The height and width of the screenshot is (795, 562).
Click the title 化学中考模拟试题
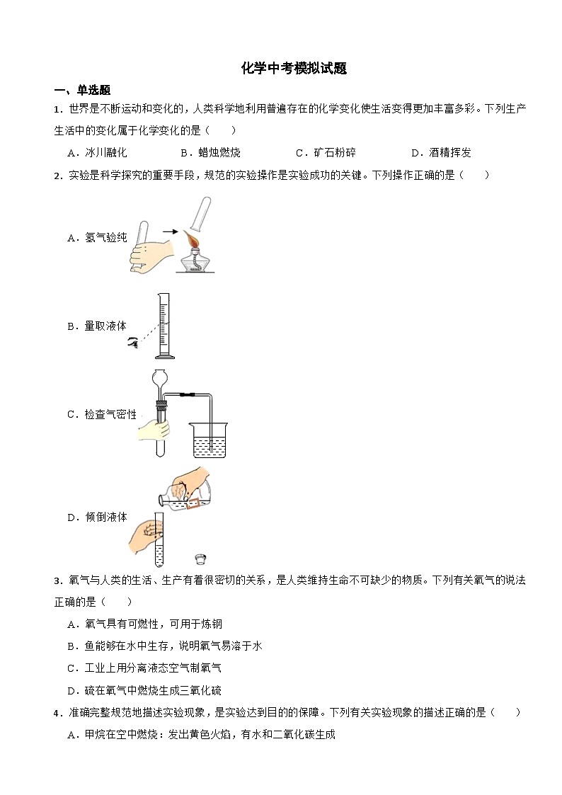pyautogui.click(x=294, y=68)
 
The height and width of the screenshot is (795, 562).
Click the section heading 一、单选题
pyautogui.click(x=82, y=90)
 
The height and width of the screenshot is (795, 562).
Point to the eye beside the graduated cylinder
pyautogui.click(x=132, y=343)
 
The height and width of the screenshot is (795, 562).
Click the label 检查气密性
pyautogui.click(x=110, y=414)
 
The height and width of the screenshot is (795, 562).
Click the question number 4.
pyautogui.click(x=56, y=713)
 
